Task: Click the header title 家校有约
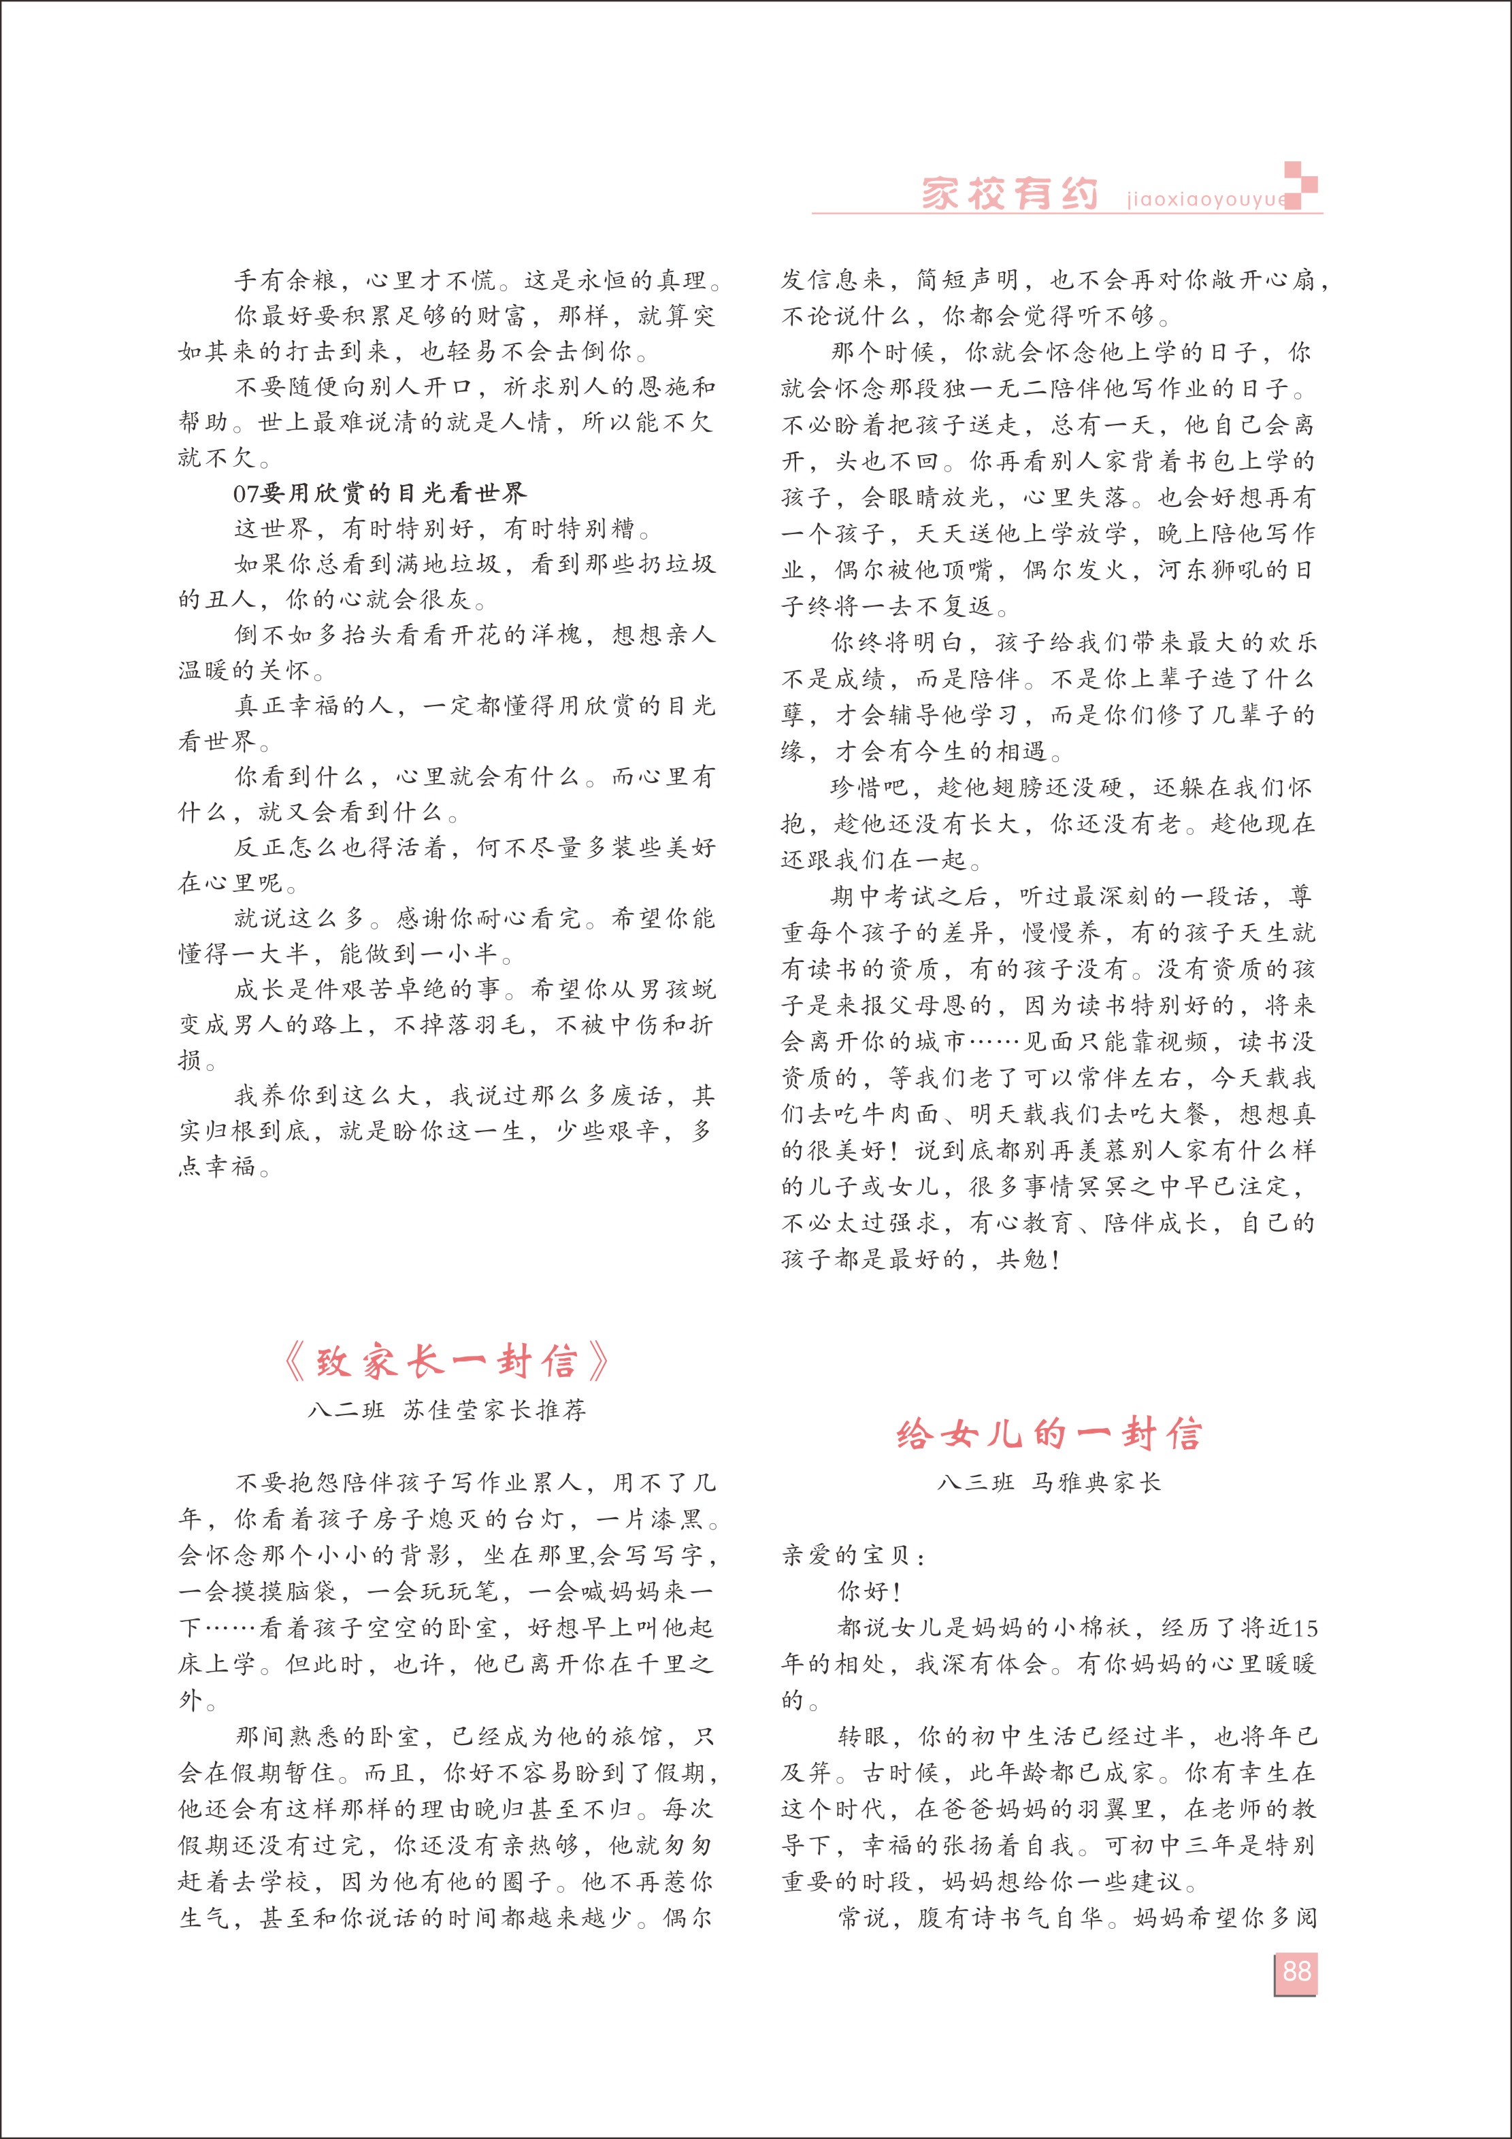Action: tap(1009, 194)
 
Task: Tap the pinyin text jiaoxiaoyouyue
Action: tap(1206, 199)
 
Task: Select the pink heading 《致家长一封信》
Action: tap(445, 1362)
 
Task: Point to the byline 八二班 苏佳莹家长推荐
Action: tap(447, 1410)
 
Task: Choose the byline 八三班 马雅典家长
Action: tap(1049, 1482)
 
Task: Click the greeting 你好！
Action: tap(869, 1591)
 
